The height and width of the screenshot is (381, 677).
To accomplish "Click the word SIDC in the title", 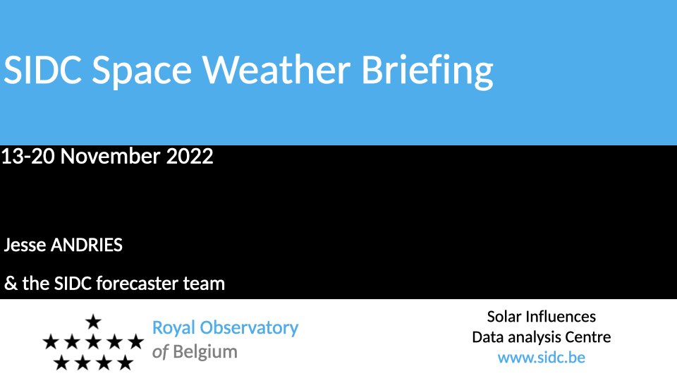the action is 42,70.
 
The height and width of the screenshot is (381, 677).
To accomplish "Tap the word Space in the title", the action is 142,73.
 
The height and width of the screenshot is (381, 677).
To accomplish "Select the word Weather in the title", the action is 276,70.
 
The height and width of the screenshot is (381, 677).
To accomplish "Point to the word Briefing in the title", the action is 427,72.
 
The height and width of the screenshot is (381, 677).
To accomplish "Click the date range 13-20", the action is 28,156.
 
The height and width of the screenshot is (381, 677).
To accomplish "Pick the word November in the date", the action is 111,156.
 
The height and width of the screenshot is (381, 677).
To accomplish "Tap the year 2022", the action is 190,156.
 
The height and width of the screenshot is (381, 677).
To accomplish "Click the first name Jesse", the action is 25,245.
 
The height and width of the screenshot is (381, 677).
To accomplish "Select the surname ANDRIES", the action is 87,245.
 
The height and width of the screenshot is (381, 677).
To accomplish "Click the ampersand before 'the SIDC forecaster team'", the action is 11,284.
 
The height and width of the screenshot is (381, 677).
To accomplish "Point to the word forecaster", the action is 137,284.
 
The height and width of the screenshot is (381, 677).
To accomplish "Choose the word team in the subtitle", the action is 204,284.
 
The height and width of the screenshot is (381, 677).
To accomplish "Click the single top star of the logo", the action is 93,322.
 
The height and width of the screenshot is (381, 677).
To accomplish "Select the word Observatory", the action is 249,328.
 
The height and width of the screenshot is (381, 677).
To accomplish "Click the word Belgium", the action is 205,352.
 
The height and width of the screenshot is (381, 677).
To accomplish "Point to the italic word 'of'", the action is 160,352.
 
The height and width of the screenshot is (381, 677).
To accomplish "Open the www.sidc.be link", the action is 542,358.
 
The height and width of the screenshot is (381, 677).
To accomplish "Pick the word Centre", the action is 588,337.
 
